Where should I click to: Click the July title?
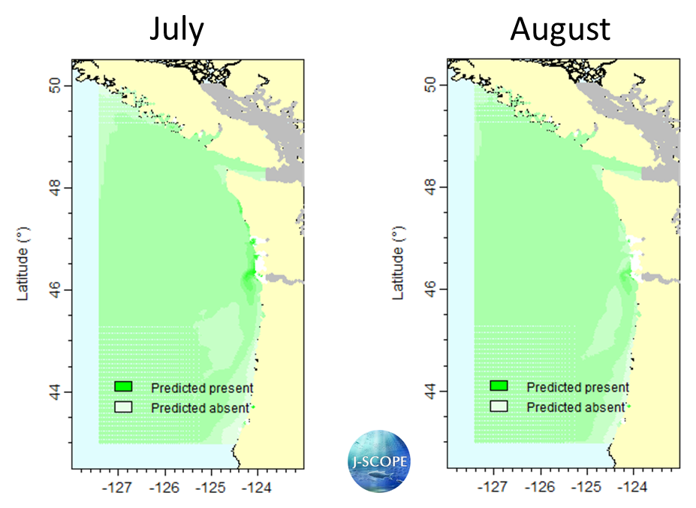(176, 29)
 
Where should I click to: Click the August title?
(560, 29)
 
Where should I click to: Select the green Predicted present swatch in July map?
(123, 386)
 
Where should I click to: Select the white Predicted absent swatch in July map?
(123, 407)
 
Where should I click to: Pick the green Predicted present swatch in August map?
(499, 386)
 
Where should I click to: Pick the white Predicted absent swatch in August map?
(499, 407)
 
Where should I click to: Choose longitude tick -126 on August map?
(540, 488)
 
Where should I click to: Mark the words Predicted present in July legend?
(202, 388)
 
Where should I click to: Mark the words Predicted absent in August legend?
(576, 407)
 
